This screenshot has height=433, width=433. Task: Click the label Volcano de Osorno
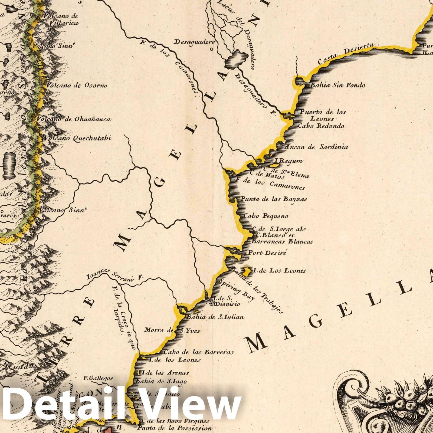tap(77, 86)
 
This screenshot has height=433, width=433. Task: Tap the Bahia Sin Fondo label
tap(337, 86)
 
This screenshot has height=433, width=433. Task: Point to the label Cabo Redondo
tap(321, 126)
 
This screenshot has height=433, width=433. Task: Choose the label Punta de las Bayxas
tap(274, 199)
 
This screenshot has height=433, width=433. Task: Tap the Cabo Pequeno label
tap(266, 216)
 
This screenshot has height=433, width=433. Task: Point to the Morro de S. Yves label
tap(172, 330)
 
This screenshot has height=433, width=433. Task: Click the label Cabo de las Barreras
tap(199, 352)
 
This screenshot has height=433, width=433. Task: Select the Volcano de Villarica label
tap(63, 19)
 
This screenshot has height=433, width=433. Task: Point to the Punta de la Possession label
tap(175, 428)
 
